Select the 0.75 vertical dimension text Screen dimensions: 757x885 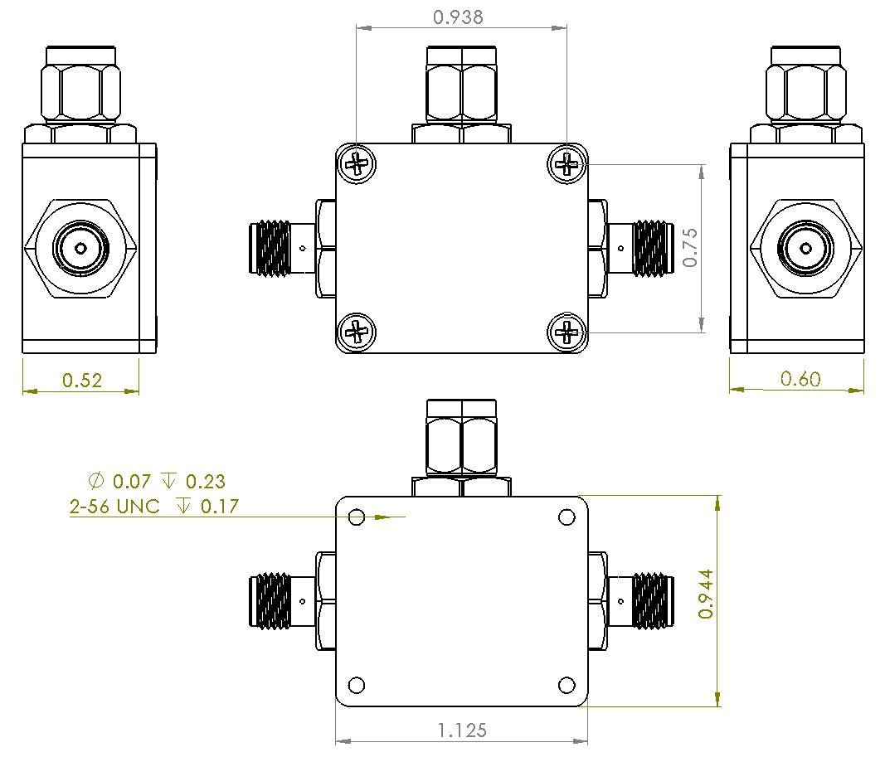coord(690,248)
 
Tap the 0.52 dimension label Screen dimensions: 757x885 coord(82,381)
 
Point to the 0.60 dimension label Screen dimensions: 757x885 coord(800,379)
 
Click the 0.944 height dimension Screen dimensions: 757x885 coord(706,599)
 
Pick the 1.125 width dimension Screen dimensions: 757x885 coord(462,730)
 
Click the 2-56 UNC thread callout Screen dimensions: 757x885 coord(114,507)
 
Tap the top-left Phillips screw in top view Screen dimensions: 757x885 coord(357,164)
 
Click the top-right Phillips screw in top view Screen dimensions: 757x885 coord(567,164)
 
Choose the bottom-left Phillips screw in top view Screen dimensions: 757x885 coord(357,332)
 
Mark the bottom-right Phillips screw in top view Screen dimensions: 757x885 coord(567,332)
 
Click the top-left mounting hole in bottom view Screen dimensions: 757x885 coord(357,517)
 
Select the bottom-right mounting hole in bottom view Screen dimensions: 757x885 coord(566,685)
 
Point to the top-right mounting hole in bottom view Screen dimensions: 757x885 coord(566,517)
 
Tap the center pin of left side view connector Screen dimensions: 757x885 coord(80,248)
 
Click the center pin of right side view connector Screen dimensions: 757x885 coord(805,248)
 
